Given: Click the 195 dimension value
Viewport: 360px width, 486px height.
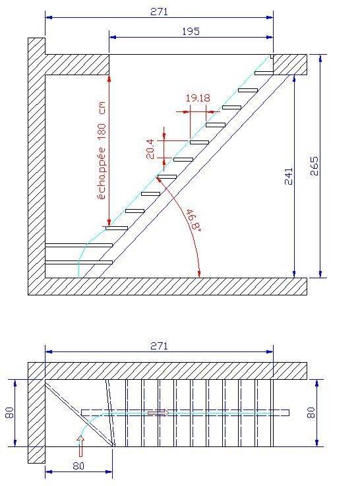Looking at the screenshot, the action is click(191, 31).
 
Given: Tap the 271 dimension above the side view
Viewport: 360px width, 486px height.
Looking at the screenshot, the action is click(160, 12).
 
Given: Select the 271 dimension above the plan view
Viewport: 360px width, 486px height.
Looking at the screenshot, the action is click(160, 346).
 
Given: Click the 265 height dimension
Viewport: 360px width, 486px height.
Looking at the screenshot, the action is click(314, 166).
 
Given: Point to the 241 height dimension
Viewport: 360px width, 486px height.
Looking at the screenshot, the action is click(288, 176).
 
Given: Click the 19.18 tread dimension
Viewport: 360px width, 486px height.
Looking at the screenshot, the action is click(198, 98).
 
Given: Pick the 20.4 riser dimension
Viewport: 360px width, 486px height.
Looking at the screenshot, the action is click(150, 149).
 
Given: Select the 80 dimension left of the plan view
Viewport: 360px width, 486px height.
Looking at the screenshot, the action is click(10, 413).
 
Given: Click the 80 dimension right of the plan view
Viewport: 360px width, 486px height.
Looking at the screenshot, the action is click(311, 413).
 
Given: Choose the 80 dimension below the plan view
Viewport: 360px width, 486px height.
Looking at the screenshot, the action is click(78, 466).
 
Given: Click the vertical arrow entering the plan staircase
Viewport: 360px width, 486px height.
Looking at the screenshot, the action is click(80, 446).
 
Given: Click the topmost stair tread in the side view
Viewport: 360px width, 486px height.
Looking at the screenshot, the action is click(264, 73).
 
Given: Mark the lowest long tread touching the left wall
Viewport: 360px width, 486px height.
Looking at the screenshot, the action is click(78, 262).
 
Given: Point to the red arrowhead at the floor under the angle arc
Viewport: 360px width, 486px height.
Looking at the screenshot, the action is click(199, 274).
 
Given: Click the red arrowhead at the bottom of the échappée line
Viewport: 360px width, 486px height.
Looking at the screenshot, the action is click(109, 222).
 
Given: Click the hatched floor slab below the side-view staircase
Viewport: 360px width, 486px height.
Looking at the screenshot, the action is click(167, 286).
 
